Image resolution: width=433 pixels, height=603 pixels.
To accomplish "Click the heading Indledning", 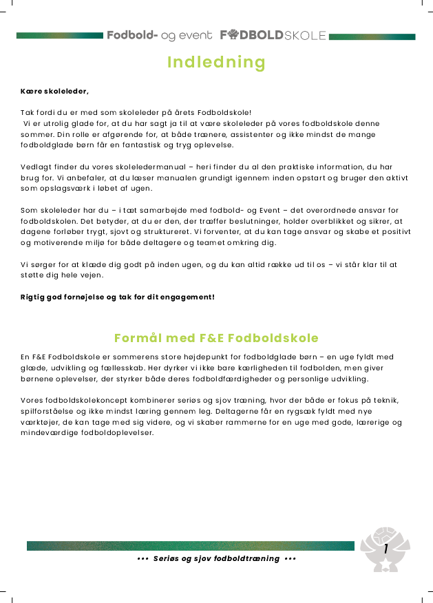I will pyautogui.click(x=216, y=63).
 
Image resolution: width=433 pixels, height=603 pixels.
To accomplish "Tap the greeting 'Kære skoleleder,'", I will pyautogui.click(x=54, y=90).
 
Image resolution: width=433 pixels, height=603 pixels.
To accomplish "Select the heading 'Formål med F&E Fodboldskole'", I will pyautogui.click(x=216, y=338).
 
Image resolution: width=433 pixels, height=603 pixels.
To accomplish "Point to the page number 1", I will pyautogui.click(x=386, y=548).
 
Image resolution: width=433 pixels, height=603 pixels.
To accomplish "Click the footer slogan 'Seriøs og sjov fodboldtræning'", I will pyautogui.click(x=216, y=558).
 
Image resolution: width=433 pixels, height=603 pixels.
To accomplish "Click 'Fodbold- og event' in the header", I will pyautogui.click(x=160, y=35).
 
